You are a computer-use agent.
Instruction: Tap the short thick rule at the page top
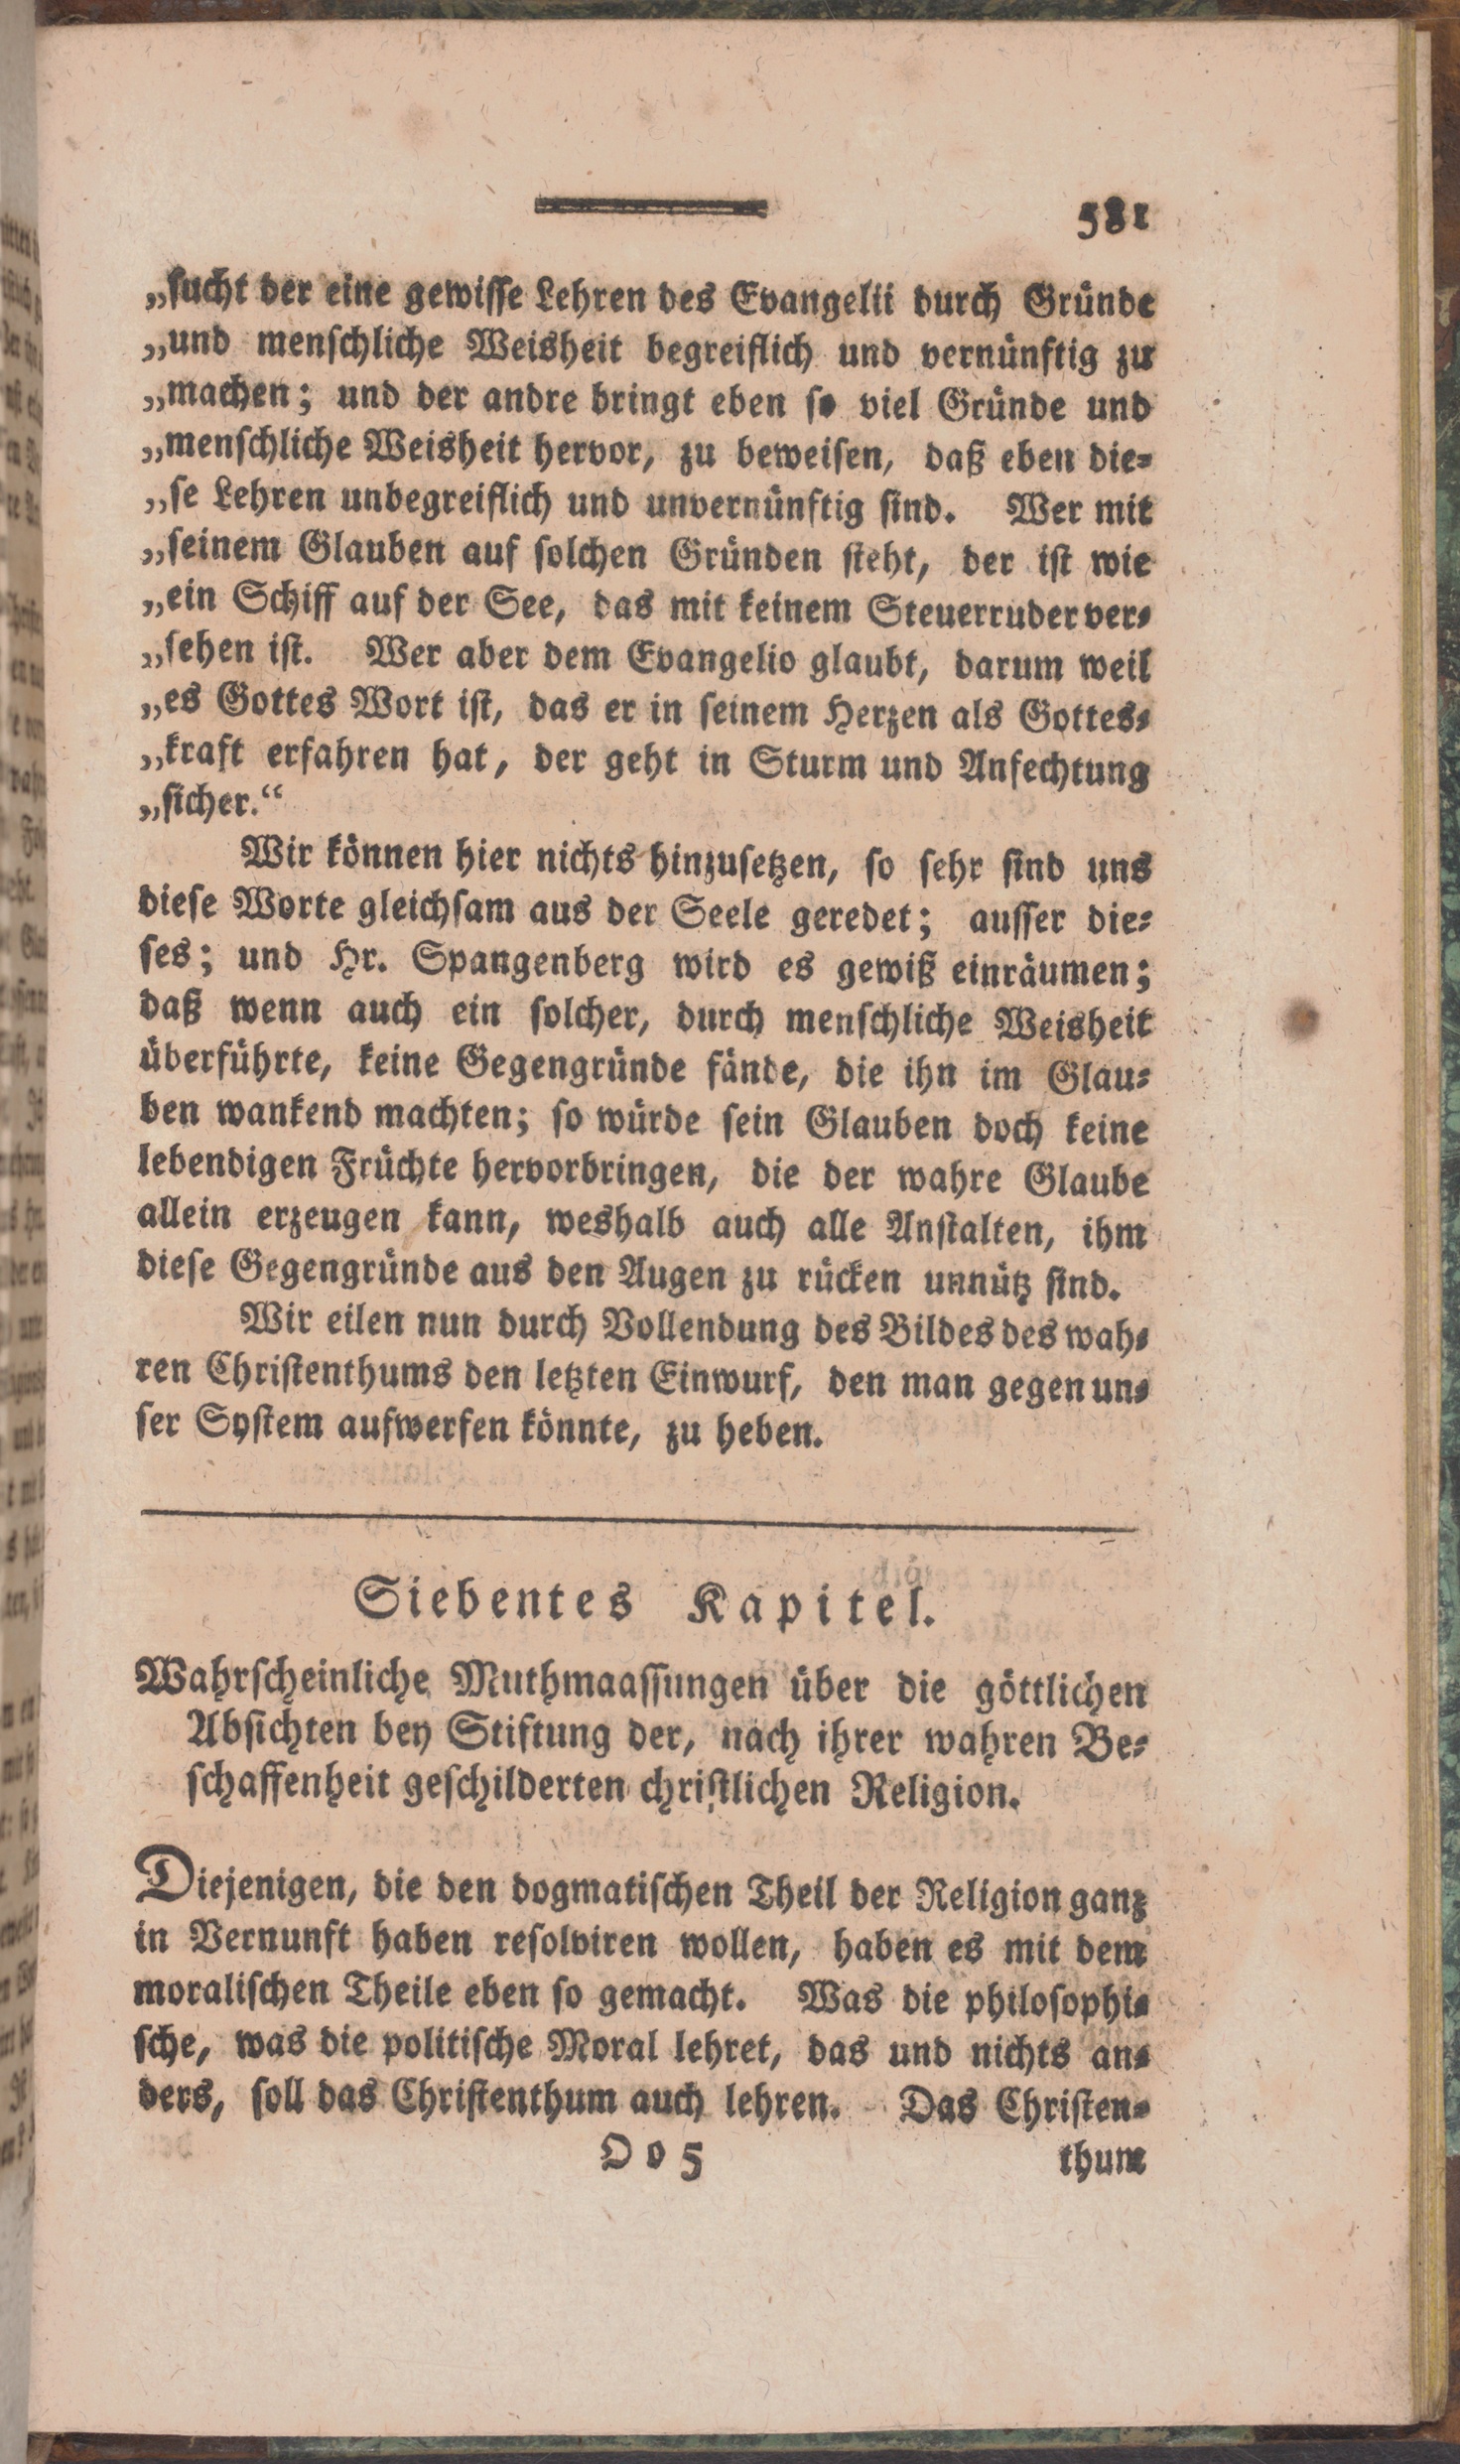click(x=651, y=207)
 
